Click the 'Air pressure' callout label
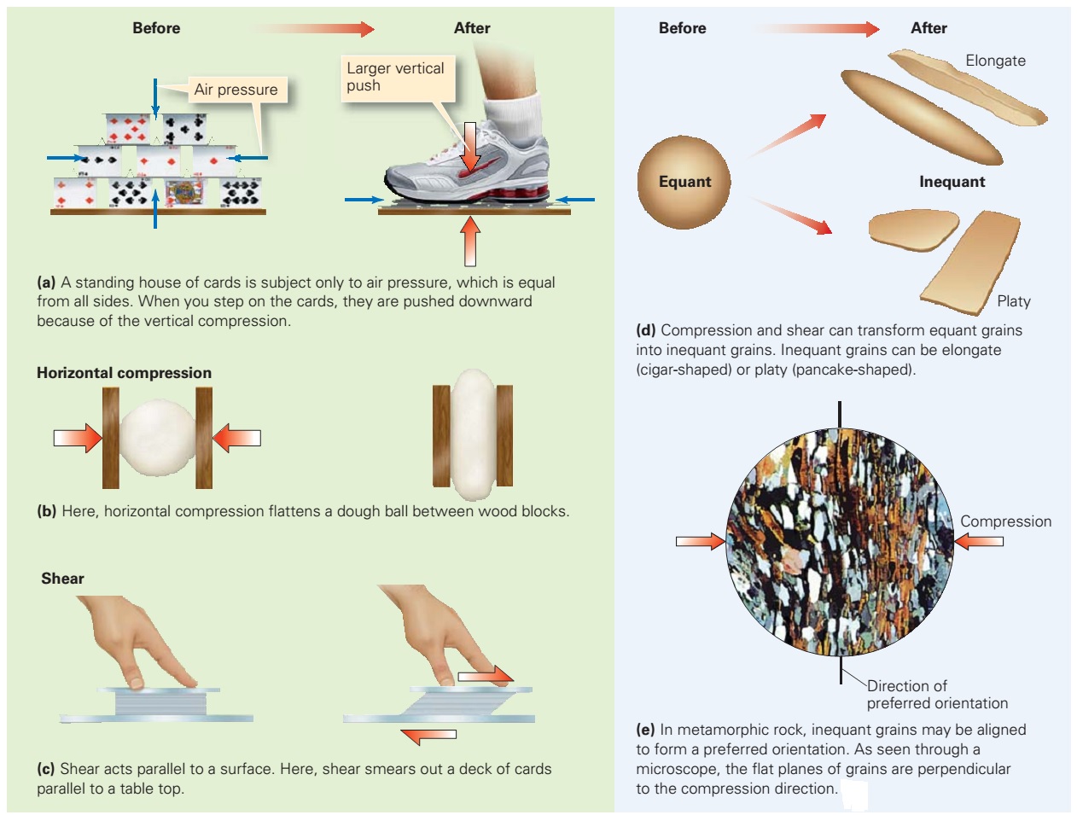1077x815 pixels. (x=236, y=90)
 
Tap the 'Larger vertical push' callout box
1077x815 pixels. (x=396, y=77)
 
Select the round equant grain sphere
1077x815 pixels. (x=684, y=182)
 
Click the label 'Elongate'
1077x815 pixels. (x=995, y=61)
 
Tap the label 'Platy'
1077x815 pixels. (x=1013, y=301)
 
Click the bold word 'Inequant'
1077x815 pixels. (x=952, y=182)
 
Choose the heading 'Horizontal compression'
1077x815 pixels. (x=124, y=373)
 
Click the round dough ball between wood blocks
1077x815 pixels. (x=157, y=438)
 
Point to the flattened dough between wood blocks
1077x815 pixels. (x=472, y=434)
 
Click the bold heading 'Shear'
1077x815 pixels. (x=62, y=579)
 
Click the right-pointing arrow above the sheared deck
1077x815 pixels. (x=485, y=676)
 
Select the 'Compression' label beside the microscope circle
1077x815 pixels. (x=1005, y=521)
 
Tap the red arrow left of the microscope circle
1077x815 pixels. (x=700, y=541)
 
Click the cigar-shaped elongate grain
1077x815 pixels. (x=921, y=117)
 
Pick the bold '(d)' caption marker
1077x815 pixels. (x=646, y=330)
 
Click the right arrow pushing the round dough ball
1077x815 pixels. (x=236, y=438)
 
